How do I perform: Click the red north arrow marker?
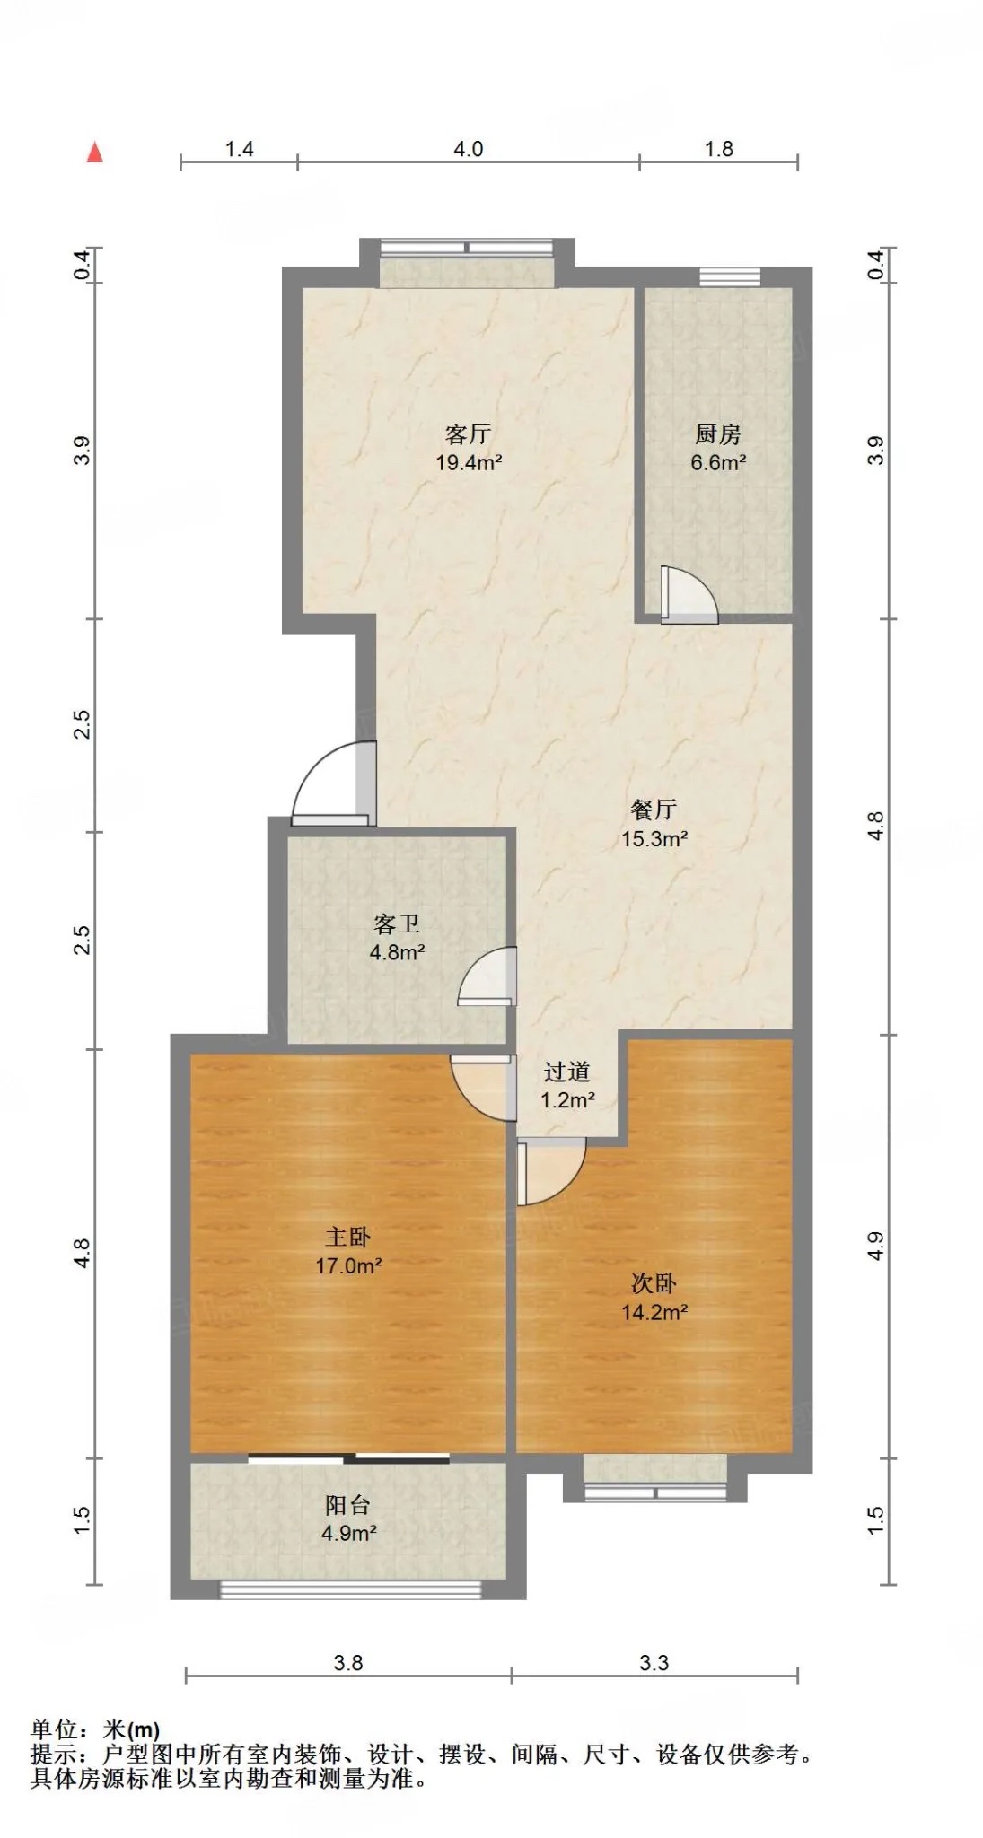[x=94, y=153]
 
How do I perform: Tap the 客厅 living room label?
[x=468, y=434]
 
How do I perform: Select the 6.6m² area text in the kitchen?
[x=718, y=463]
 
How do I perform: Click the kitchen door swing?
[x=689, y=595]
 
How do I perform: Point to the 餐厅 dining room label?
[x=654, y=810]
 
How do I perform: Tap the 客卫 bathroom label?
[x=397, y=924]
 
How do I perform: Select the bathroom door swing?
[x=487, y=976]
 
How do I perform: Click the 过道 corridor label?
[x=567, y=1072]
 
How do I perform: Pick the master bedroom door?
[x=483, y=1088]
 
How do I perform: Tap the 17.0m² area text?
[x=348, y=1266]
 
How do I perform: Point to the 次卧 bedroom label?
[x=654, y=1283]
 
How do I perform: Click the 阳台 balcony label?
[x=347, y=1505]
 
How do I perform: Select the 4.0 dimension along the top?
[x=468, y=149]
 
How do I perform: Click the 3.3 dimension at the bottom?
[x=654, y=1663]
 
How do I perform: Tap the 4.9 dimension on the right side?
[x=875, y=1247]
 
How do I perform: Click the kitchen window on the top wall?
[x=730, y=276]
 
